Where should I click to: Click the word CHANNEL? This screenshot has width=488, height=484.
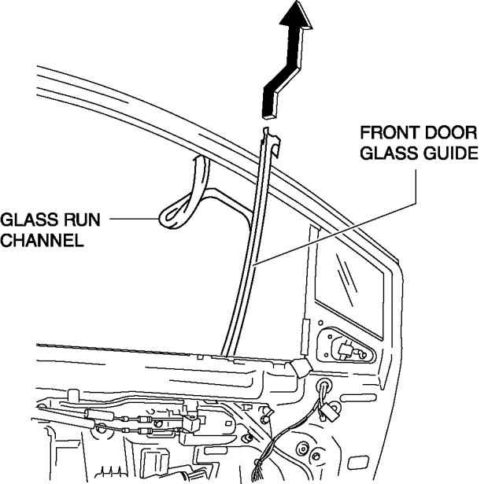42,241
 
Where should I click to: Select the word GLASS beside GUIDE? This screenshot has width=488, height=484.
383,153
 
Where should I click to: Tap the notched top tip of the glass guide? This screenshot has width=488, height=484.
269,135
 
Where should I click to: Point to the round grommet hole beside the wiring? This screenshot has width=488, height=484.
323,388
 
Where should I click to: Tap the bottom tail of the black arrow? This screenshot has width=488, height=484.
268,102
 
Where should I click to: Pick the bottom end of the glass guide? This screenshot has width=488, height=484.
228,350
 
